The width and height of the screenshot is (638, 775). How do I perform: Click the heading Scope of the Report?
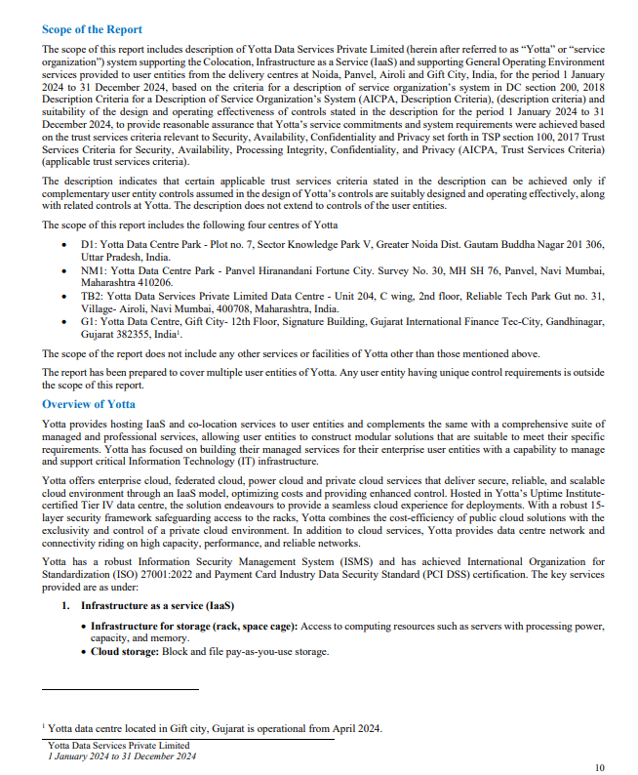tap(92, 30)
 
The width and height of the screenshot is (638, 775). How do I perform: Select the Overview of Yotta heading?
tap(88, 403)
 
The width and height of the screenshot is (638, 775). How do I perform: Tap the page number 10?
tap(599, 767)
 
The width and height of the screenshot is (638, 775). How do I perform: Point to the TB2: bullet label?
tap(91, 295)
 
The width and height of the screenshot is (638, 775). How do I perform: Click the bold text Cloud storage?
tap(125, 651)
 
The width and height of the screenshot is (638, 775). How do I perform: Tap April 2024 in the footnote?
tap(353, 728)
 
